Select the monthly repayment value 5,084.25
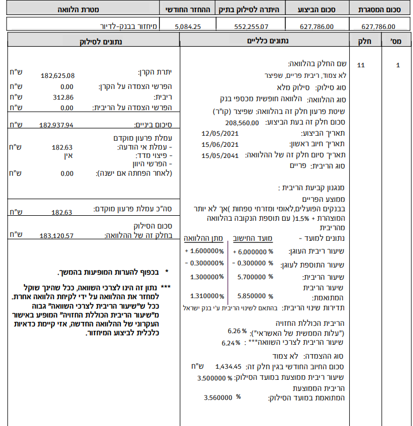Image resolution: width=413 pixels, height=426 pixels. pyautogui.click(x=189, y=26)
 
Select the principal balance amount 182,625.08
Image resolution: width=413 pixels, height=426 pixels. pyautogui.click(x=58, y=76)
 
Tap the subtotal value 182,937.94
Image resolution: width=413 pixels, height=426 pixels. pyautogui.click(x=57, y=126)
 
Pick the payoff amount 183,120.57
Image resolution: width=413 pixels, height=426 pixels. pyautogui.click(x=57, y=236)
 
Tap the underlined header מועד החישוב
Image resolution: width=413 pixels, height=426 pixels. pyautogui.click(x=253, y=238)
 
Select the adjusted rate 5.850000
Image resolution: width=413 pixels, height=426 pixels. pyautogui.click(x=251, y=296)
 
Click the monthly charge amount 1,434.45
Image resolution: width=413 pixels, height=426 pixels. pyautogui.click(x=229, y=367)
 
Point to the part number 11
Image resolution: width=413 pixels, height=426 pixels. pyautogui.click(x=361, y=65)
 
